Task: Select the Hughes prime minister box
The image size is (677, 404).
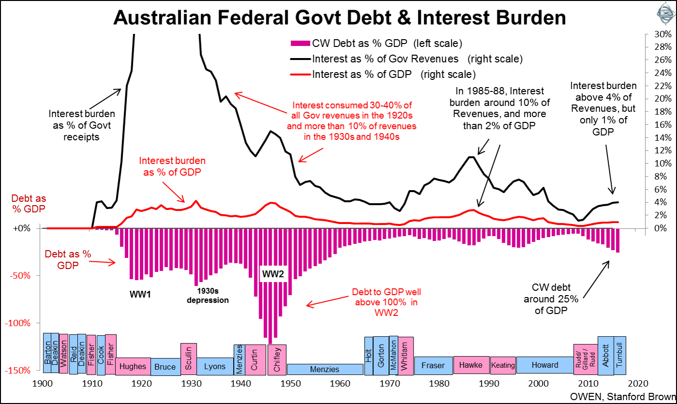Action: [x=133, y=366]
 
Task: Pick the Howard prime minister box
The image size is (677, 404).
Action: [x=545, y=365]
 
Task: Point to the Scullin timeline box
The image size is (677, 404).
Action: [x=189, y=359]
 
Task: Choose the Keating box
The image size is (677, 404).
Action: [x=503, y=365]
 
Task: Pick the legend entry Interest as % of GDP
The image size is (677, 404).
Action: [x=394, y=75]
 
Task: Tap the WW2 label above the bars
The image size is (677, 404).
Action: [x=273, y=274]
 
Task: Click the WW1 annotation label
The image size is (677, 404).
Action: [x=140, y=294]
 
